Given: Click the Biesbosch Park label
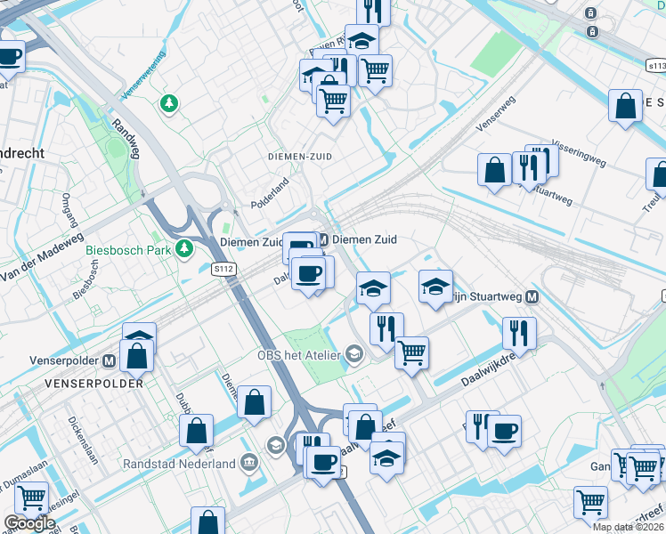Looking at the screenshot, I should [x=128, y=250].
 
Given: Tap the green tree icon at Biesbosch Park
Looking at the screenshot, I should [x=184, y=247].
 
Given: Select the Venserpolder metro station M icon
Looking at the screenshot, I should [x=109, y=362].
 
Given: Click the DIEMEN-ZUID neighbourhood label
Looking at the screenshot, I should [x=300, y=156].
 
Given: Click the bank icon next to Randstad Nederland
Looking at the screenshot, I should [x=248, y=463].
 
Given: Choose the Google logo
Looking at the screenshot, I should [x=28, y=523].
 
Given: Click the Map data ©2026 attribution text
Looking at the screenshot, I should [x=628, y=527].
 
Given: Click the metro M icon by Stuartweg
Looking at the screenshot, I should [x=532, y=297].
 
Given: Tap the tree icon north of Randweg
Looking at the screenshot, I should [x=168, y=105].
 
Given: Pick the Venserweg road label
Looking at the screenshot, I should [x=496, y=115].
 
